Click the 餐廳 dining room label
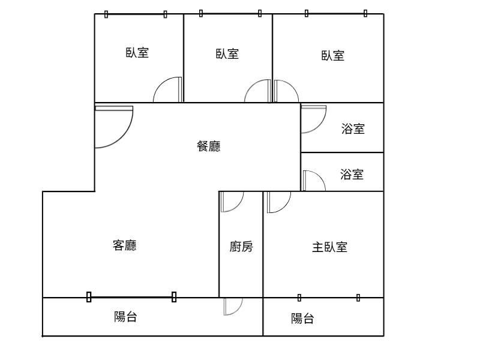208,146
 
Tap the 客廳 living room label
125,245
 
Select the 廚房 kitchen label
241,247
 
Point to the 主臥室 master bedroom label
329,247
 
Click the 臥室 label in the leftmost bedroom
137,53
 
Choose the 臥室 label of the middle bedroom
227,54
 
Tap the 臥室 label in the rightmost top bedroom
333,55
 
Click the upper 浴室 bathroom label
353,128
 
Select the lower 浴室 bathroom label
352,174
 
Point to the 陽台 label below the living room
125,317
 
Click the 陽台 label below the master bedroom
302,319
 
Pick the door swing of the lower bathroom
320,178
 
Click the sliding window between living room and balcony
131,297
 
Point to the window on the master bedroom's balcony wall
329,298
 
